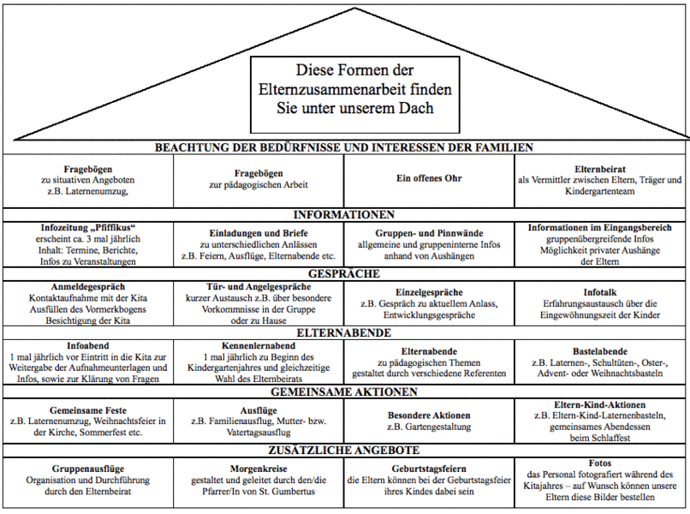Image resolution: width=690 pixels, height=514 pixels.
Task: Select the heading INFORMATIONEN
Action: (x=344, y=214)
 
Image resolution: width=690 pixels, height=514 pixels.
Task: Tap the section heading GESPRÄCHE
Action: (x=344, y=274)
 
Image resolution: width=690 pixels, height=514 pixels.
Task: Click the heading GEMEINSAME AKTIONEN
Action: (x=344, y=391)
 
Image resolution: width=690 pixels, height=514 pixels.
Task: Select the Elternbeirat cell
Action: (x=601, y=169)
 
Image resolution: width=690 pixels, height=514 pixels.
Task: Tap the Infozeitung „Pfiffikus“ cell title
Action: (x=88, y=229)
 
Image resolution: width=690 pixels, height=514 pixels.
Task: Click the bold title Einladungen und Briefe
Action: (x=259, y=233)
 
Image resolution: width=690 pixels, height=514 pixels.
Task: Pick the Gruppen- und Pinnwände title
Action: (x=429, y=233)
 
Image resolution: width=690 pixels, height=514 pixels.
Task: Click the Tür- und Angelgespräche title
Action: (x=259, y=287)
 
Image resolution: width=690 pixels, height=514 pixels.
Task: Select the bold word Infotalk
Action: (x=601, y=291)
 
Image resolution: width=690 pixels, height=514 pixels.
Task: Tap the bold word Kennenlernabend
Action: (x=259, y=345)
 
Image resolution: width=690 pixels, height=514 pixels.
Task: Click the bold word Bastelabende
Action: (x=601, y=350)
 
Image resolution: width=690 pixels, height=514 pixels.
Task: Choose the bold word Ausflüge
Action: (x=259, y=410)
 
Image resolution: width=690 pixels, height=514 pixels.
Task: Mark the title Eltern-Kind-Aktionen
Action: (x=601, y=404)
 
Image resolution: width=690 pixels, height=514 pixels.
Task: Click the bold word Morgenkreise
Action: (x=259, y=469)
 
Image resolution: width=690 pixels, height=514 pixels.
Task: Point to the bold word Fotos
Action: (x=601, y=463)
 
